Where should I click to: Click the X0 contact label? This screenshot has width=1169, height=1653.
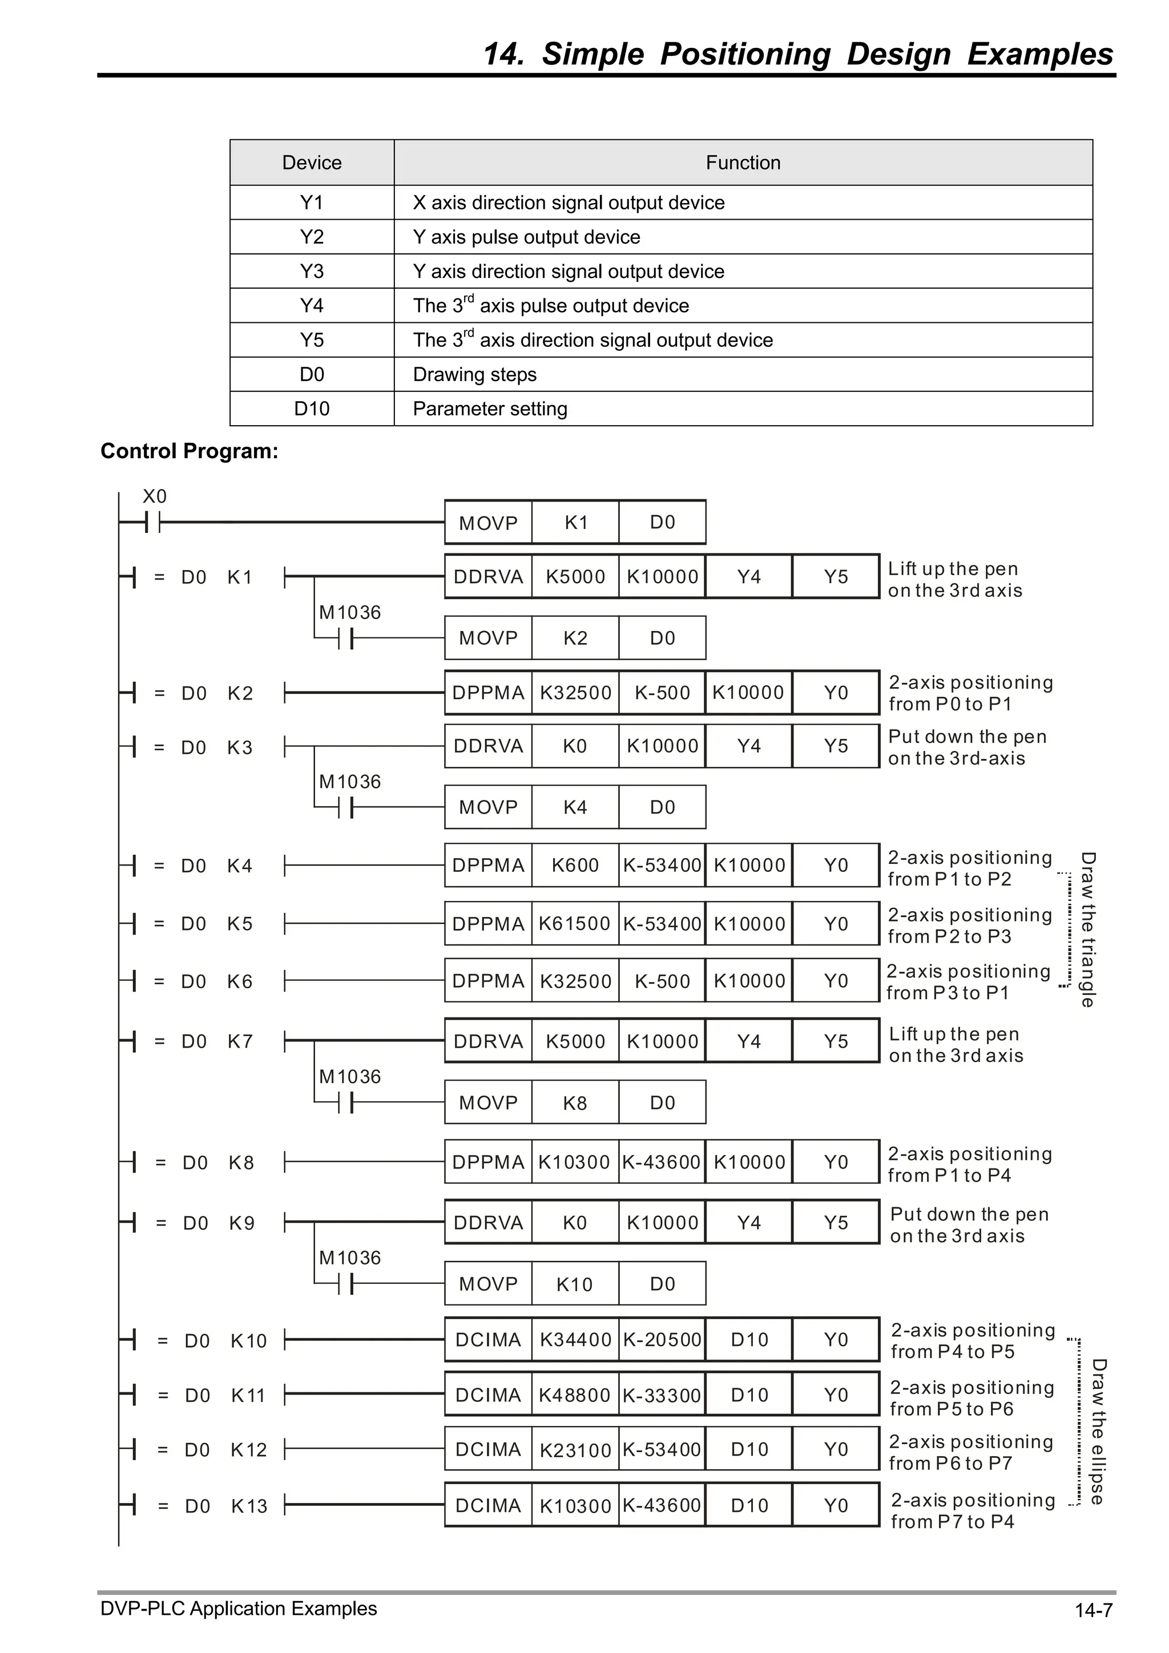pos(154,496)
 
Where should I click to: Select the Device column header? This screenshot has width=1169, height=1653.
pos(311,163)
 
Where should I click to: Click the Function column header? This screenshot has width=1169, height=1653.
pos(743,163)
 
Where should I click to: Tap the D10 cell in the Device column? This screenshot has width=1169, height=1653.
pos(311,409)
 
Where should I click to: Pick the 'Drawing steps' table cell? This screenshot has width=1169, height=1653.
pos(475,374)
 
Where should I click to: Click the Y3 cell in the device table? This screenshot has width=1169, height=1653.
pos(311,272)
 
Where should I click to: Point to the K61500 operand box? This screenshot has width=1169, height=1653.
pos(574,924)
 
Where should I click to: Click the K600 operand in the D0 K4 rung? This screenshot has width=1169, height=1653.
pos(574,866)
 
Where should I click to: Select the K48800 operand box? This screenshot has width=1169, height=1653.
pos(574,1395)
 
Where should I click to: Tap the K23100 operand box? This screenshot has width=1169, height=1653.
pos(574,1450)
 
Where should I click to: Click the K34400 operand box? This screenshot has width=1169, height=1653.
pos(574,1340)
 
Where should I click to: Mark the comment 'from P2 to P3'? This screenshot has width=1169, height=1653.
pos(949,937)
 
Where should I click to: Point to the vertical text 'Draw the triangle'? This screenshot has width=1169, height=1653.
pos(1087,929)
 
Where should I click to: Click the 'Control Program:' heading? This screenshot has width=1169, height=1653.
pos(189,451)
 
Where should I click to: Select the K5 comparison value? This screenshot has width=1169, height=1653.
pos(240,924)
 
